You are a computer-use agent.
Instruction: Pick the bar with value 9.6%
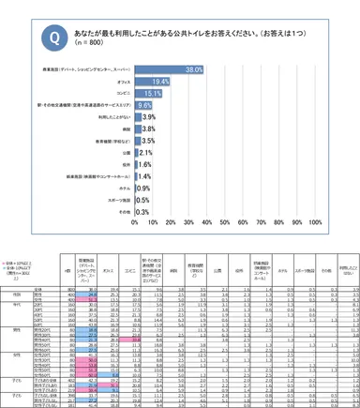144,106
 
